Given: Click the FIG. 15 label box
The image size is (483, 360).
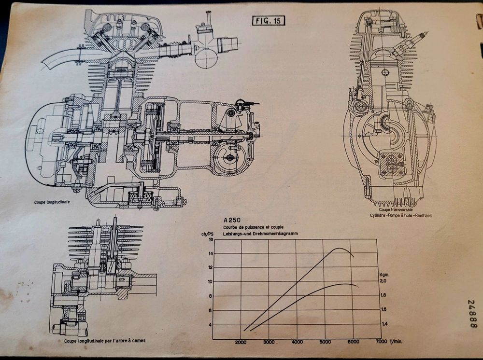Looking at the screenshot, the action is click(x=269, y=21).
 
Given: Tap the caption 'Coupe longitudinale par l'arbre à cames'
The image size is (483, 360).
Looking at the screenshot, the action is click(x=105, y=341).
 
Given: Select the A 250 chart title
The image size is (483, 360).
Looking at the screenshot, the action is click(x=232, y=220).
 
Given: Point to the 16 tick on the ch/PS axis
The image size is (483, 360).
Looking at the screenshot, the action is click(x=211, y=239).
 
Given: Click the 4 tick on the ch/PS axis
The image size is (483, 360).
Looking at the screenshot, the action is click(x=211, y=325).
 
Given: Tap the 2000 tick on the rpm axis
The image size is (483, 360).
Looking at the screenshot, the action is click(x=241, y=342).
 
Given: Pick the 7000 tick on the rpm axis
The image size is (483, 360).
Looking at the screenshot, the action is click(x=382, y=341).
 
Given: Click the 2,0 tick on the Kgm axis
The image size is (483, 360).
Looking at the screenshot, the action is click(x=383, y=281).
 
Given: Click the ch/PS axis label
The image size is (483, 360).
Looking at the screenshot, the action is click(x=207, y=234).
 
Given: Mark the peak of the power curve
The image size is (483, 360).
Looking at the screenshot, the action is click(x=340, y=248).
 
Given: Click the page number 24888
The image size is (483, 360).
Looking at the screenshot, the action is click(x=473, y=314).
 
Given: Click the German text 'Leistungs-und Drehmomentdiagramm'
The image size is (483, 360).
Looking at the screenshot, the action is click(x=261, y=234).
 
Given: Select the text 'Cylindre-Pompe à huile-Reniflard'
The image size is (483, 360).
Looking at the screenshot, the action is click(x=400, y=215).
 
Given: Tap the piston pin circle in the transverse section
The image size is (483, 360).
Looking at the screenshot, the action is click(x=385, y=72).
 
